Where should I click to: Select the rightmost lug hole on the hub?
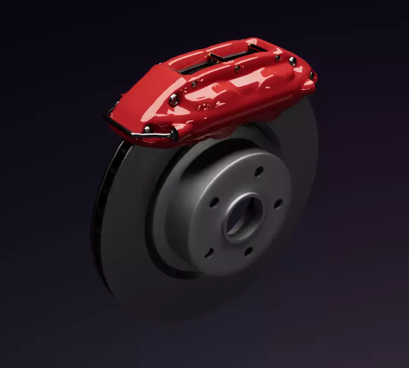[278, 204]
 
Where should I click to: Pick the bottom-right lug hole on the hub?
[249, 252]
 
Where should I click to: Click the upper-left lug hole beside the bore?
[214, 202]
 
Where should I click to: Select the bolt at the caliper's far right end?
[311, 76]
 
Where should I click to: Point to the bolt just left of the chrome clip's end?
[147, 130]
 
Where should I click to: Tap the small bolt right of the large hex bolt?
[194, 84]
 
